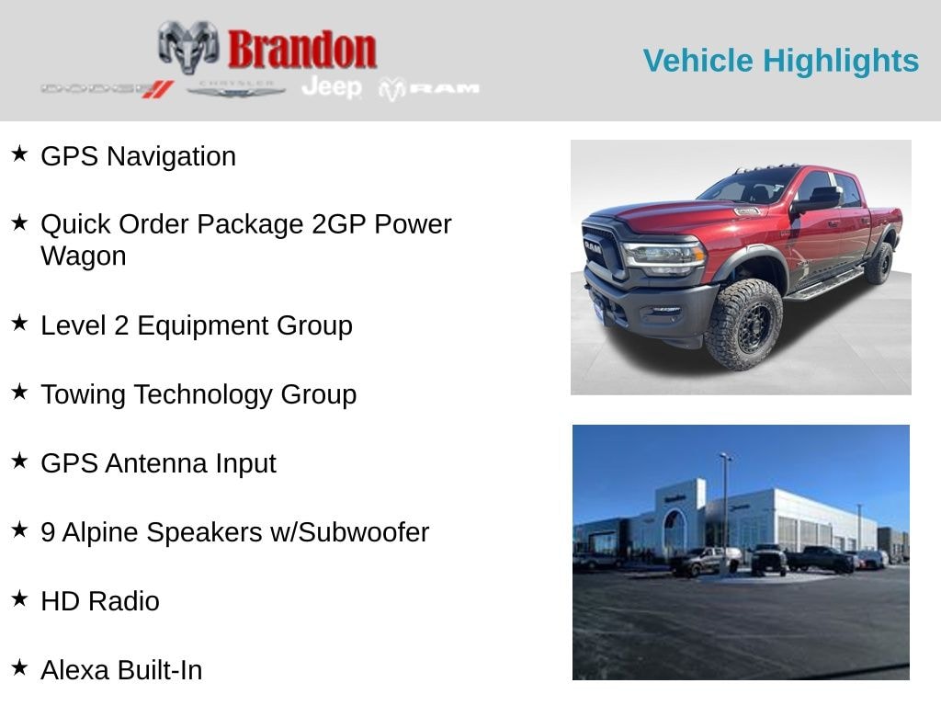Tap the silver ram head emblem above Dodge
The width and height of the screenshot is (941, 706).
click(x=188, y=46)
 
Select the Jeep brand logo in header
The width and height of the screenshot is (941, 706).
click(x=332, y=87)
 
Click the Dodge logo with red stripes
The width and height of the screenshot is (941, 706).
click(x=107, y=88)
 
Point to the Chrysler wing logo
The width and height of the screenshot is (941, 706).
click(x=236, y=88)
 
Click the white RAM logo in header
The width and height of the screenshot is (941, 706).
click(x=430, y=88)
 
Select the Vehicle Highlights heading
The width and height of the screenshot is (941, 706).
click(x=780, y=61)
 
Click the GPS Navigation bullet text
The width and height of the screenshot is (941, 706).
click(x=138, y=156)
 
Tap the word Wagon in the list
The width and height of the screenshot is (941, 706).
click(x=84, y=256)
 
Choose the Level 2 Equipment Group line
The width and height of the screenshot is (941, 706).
click(x=196, y=325)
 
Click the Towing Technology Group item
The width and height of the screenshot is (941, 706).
click(x=198, y=394)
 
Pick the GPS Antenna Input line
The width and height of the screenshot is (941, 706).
click(x=158, y=463)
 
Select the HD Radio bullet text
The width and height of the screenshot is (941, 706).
click(x=100, y=601)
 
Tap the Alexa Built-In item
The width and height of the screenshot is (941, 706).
click(x=121, y=670)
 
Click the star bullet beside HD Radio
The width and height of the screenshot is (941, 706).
click(x=19, y=599)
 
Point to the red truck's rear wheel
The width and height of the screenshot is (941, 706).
click(x=879, y=263)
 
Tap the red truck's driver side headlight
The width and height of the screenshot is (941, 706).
click(x=663, y=255)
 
